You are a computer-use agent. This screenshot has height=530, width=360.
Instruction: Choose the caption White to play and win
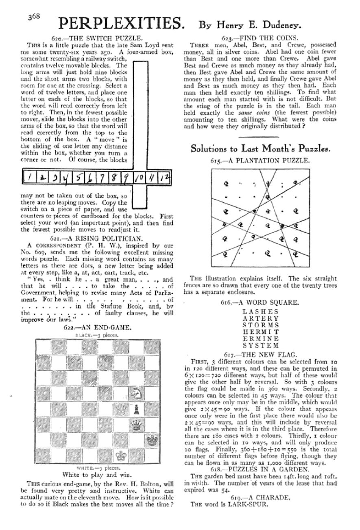click(x=98, y=474)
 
